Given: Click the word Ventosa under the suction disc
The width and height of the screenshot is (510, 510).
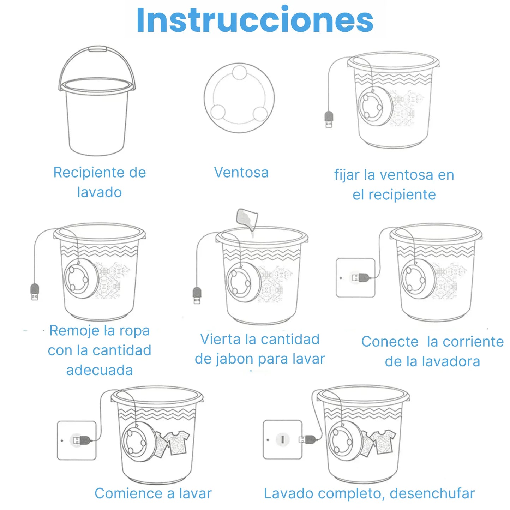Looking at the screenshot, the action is pos(241,173).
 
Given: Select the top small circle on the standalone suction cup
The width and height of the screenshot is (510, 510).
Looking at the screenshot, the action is pos(239,72).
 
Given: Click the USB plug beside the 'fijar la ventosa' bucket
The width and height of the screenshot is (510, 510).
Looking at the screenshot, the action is pos(329,120).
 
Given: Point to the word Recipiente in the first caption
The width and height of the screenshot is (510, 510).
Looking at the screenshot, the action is pos(89,173).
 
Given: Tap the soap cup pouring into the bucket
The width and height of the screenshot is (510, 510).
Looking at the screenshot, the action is pos(247,219).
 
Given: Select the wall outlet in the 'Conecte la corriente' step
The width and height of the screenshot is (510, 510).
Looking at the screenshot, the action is pos(355,278).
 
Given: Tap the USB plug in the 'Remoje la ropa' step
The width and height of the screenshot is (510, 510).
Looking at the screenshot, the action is pos(35,292).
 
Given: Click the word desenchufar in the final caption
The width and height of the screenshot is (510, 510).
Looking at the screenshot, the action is pos(432,493).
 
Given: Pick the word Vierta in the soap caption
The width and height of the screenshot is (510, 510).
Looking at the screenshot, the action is pos(221,339).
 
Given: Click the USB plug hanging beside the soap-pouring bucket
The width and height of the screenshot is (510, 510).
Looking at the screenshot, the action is pos(197,295).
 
